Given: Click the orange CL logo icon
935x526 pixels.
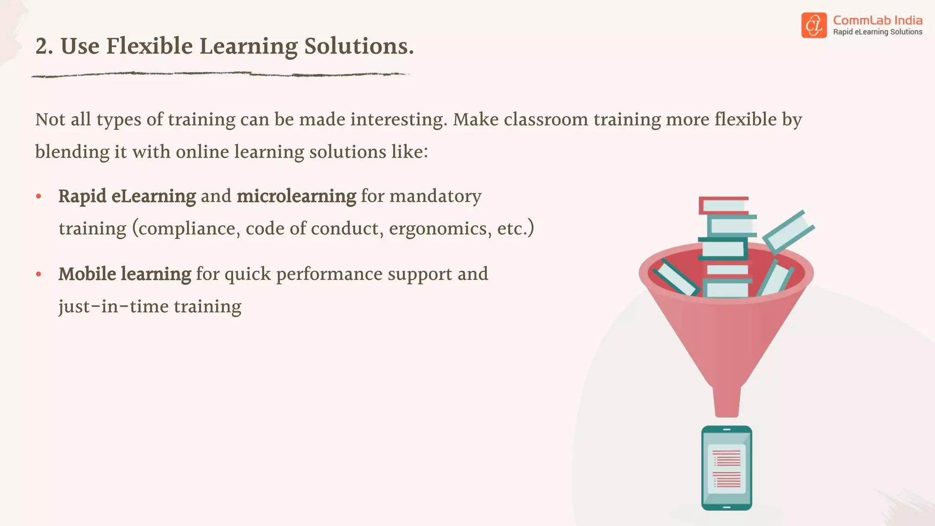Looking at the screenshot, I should point(814,25).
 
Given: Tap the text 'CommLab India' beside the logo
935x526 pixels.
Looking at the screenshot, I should point(877,21).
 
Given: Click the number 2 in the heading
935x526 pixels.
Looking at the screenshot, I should point(41,47).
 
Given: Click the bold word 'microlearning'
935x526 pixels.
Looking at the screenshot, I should point(296,196).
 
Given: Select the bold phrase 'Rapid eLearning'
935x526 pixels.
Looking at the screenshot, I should point(127,196).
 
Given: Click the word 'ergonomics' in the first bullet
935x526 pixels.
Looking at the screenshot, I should point(440,228).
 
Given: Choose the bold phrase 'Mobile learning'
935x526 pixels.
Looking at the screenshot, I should point(125,274).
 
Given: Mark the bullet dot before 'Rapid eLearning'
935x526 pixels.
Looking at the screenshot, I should point(39,196).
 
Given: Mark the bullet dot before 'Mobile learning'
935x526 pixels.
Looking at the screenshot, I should point(39,274).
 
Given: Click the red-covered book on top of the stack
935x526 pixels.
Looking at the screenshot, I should point(724,205).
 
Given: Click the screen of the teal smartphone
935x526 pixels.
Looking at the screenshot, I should point(726,468).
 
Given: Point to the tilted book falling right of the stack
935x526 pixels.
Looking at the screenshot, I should point(788,231).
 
